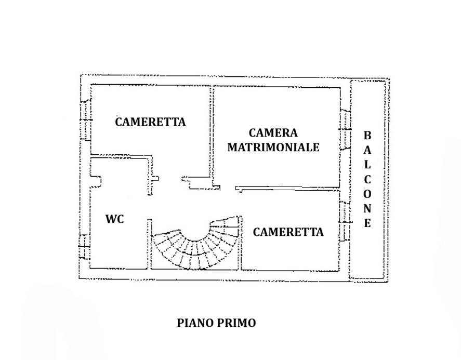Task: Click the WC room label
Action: point(114,219)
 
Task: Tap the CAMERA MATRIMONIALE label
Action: point(273,140)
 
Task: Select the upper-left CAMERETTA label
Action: point(150,122)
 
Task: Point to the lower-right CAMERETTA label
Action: point(288,232)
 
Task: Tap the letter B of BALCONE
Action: point(367,136)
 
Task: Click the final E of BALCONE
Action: point(367,224)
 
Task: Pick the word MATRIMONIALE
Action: point(273,147)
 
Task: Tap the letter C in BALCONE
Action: point(367,179)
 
